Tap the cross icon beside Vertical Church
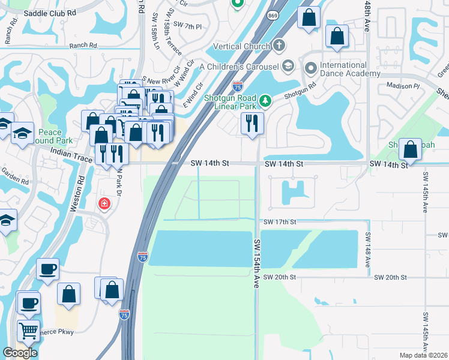pyautogui.click(x=279, y=46)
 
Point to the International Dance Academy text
pyautogui.click(x=343, y=69)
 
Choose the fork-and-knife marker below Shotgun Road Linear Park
pyautogui.click(x=252, y=124)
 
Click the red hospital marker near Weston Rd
pyautogui.click(x=105, y=204)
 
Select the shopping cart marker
pyautogui.click(x=28, y=331)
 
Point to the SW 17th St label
pyautogui.click(x=280, y=222)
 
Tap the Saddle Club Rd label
pyautogui.click(x=50, y=12)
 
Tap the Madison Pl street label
pyautogui.click(x=403, y=86)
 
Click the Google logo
pyautogui.click(x=20, y=352)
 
